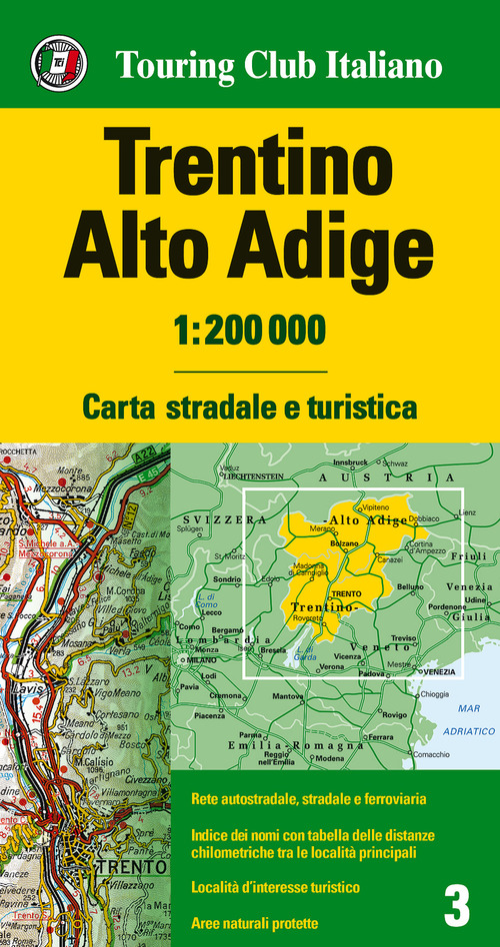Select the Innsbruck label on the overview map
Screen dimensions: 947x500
(350, 463)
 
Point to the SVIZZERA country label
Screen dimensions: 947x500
(236, 520)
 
